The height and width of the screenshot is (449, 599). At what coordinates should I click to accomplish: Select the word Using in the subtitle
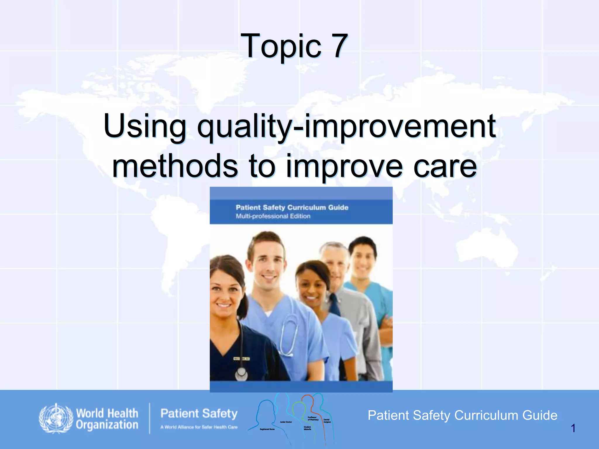click(145, 126)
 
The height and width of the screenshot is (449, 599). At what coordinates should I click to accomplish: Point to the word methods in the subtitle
click(175, 166)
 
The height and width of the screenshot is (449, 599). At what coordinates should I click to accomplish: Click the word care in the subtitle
click(445, 166)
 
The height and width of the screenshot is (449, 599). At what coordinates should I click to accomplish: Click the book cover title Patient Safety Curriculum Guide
click(292, 207)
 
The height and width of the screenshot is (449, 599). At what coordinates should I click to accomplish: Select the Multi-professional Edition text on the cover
click(273, 216)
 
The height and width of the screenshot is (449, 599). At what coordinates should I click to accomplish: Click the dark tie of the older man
click(334, 304)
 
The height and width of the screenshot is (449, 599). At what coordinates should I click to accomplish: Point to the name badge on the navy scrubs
click(241, 359)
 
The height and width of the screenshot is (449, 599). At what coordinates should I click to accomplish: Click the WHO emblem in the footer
click(56, 419)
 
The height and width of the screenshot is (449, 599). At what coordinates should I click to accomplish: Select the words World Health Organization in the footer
click(107, 419)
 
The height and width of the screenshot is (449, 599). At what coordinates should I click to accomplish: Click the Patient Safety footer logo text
click(199, 414)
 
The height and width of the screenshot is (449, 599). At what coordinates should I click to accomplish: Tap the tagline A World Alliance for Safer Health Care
click(199, 427)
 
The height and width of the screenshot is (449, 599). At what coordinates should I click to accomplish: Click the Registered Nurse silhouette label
click(267, 429)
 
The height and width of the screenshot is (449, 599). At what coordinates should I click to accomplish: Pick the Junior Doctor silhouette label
click(286, 422)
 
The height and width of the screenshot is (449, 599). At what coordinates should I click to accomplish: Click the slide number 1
click(573, 428)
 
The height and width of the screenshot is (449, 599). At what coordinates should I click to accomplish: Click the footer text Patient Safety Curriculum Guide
click(462, 415)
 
